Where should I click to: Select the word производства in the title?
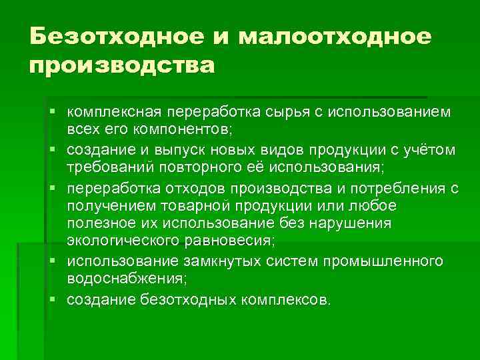pos(123,67)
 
